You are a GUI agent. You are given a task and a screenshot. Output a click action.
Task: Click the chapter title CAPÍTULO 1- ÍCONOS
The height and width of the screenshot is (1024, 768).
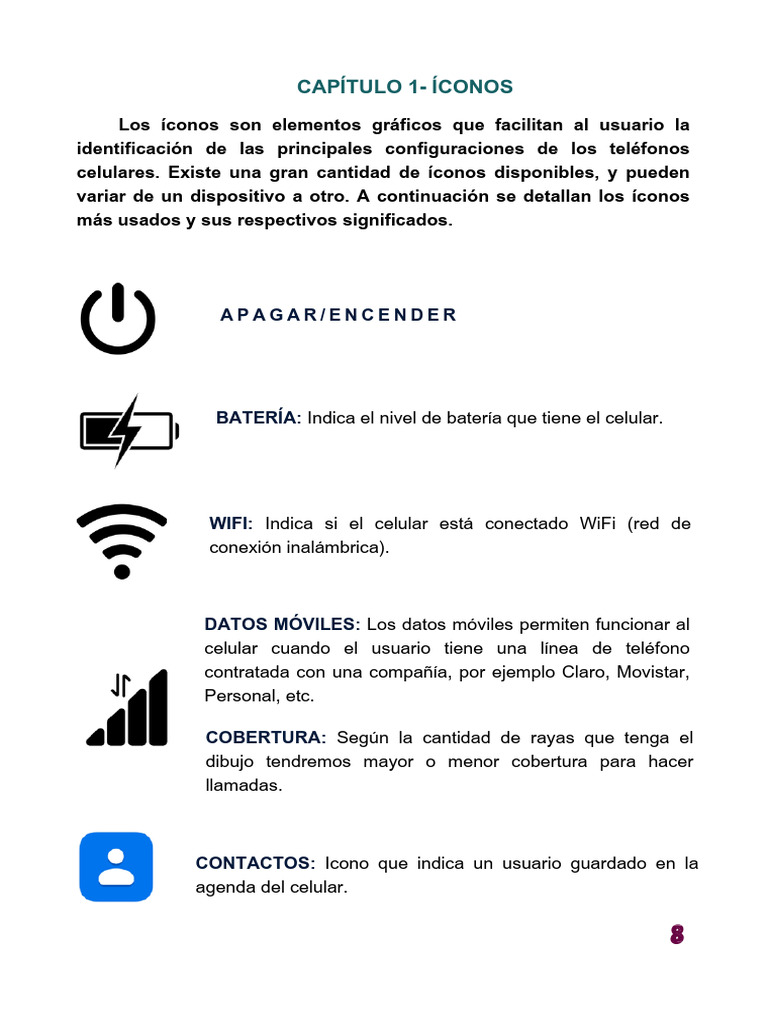point(404,87)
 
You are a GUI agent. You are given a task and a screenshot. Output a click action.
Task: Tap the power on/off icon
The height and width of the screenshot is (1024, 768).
point(118,319)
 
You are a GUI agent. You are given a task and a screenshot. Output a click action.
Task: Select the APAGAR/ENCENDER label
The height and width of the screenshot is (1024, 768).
point(338,315)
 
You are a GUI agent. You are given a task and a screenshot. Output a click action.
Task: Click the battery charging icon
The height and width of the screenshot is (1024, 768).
point(129,431)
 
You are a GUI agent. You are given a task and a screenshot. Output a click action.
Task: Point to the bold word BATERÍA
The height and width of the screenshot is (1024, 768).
point(257,418)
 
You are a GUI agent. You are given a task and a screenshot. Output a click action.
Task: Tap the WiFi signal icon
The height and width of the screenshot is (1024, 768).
point(122,541)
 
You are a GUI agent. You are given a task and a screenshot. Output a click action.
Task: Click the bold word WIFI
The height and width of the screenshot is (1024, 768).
point(231,524)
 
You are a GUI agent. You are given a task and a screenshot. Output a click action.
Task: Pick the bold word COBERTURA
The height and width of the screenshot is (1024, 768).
point(265,738)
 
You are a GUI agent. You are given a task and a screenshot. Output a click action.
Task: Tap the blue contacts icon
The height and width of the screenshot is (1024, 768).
point(116,867)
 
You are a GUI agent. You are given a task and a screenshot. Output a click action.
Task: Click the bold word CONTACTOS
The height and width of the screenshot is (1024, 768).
point(255,863)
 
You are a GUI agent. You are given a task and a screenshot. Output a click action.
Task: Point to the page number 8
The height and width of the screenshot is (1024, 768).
point(677,935)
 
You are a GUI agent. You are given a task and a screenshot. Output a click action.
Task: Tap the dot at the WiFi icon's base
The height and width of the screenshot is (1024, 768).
point(122,572)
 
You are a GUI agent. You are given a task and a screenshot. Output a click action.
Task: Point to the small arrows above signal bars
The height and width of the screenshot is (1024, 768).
point(121,685)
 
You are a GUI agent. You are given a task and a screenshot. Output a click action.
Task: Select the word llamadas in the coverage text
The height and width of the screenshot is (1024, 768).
point(243,786)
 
